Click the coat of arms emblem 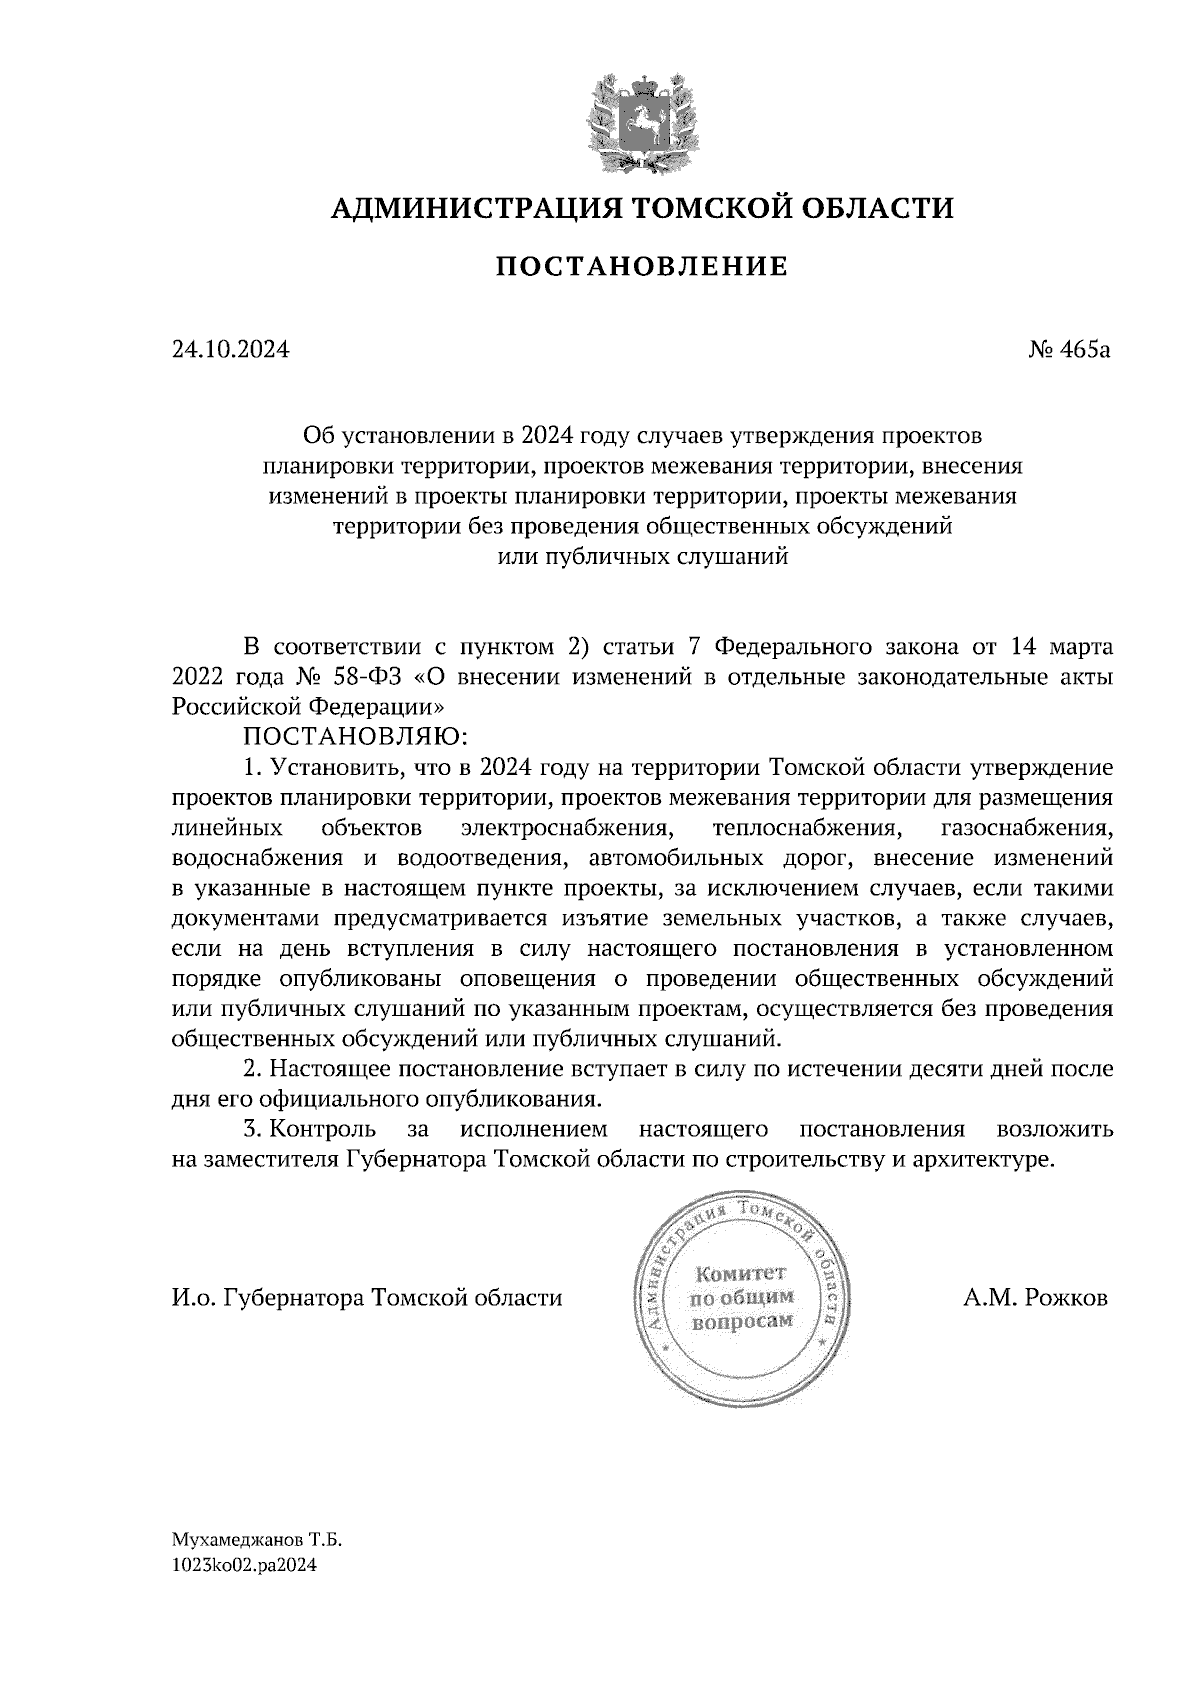tap(641, 121)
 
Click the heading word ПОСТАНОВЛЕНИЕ tap(642, 267)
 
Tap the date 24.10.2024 tap(231, 351)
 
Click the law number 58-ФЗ tap(380, 677)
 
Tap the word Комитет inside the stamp tap(741, 1274)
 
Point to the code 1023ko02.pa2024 tap(245, 1568)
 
